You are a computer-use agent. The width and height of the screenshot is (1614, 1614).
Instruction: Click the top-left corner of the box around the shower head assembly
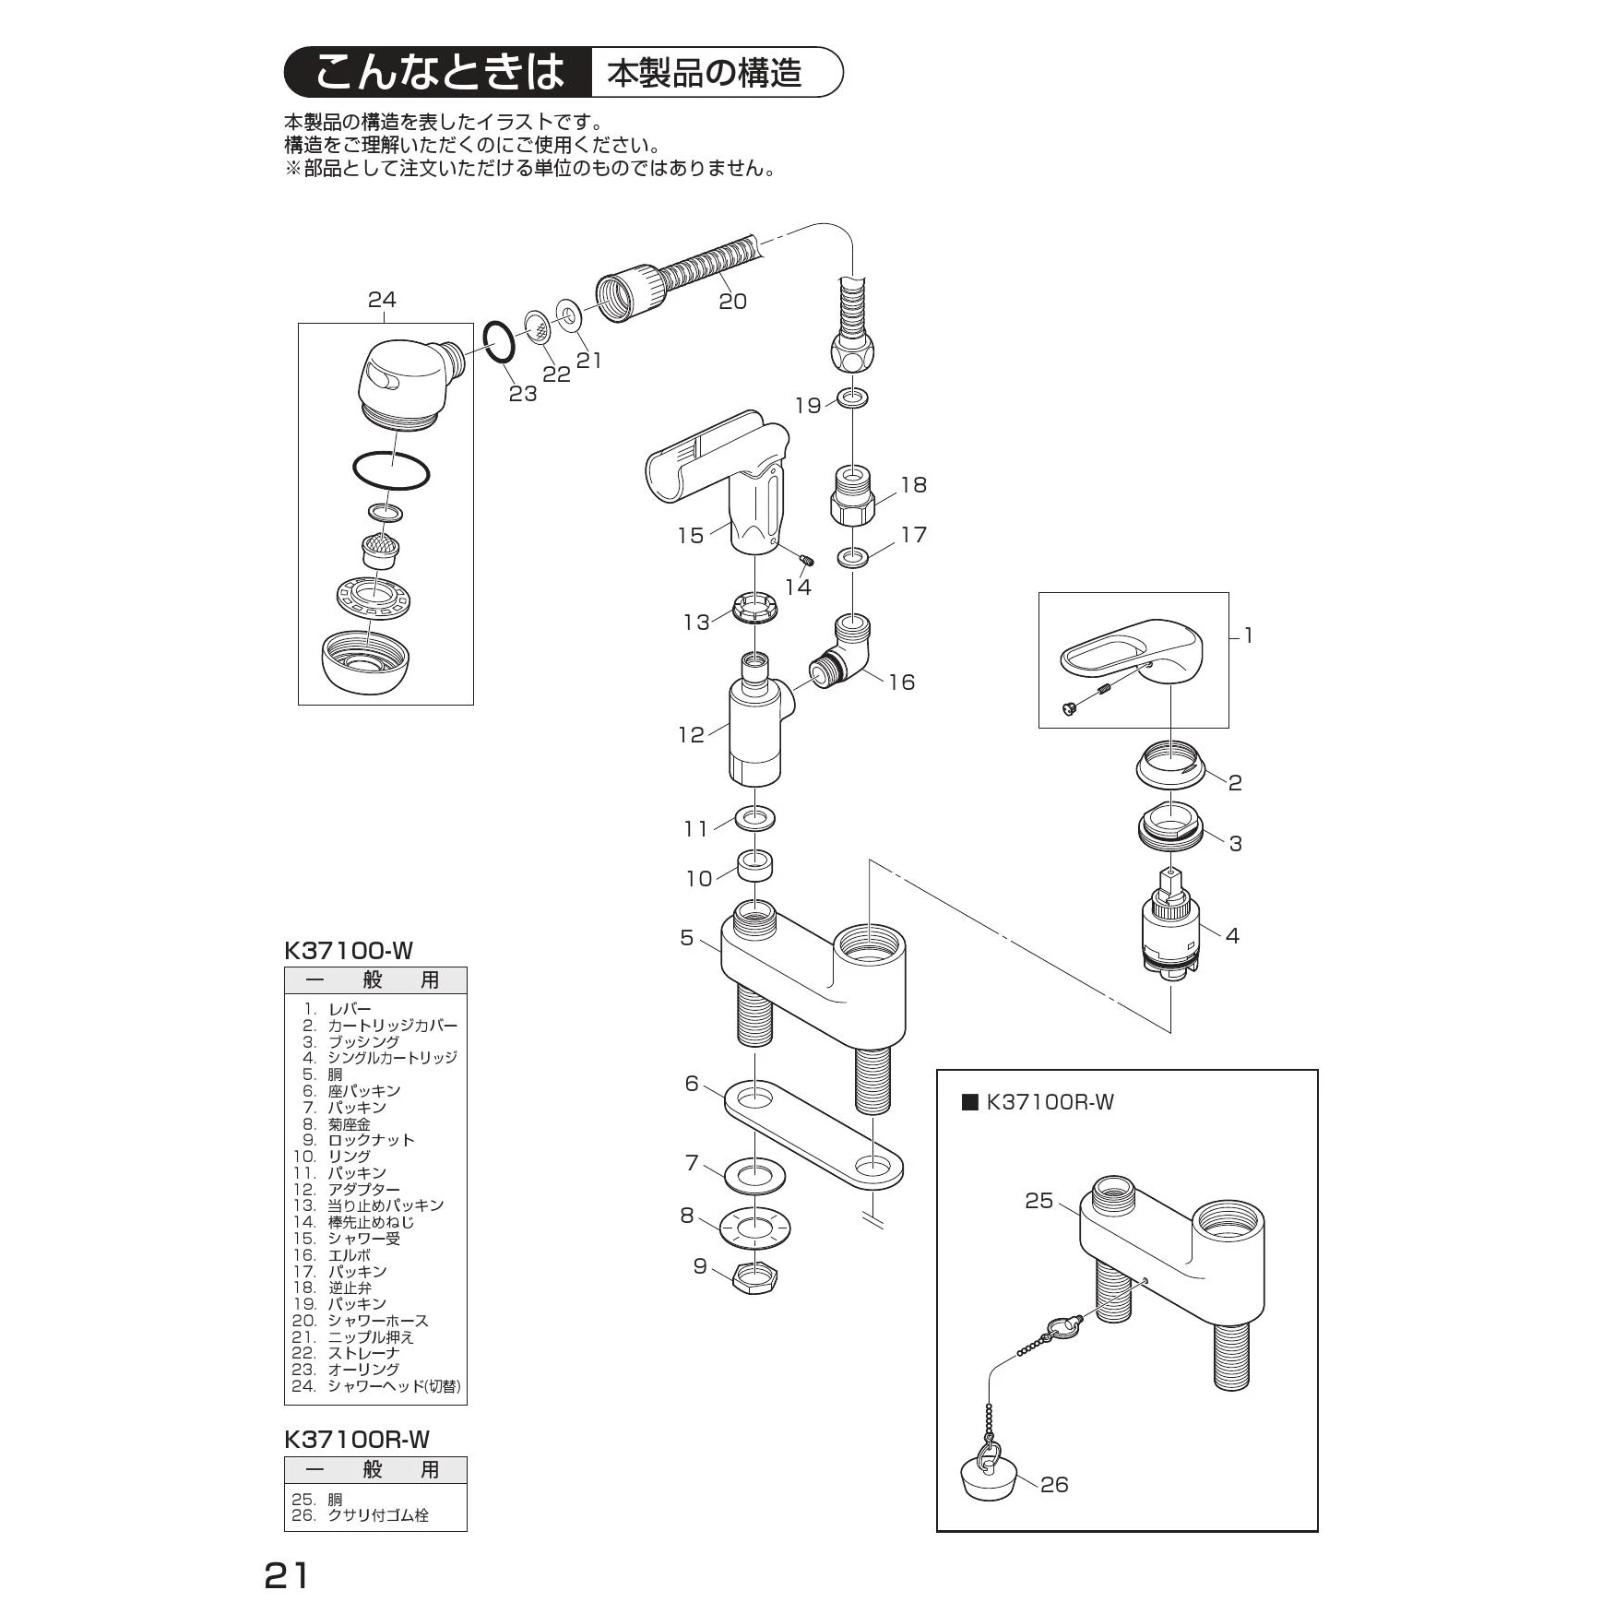(298, 323)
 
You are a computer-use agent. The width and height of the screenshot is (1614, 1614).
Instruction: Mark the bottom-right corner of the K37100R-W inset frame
(1318, 1531)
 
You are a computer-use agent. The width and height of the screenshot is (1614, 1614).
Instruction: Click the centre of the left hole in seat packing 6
(754, 1098)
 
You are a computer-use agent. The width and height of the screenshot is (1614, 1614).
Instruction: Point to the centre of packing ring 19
(853, 399)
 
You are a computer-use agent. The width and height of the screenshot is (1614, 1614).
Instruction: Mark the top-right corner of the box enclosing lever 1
(1228, 593)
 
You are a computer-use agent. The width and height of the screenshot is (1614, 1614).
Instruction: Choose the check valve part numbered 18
(853, 495)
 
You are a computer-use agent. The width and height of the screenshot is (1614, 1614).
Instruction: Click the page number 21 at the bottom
(287, 1575)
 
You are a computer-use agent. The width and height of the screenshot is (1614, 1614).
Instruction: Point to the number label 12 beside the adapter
(692, 735)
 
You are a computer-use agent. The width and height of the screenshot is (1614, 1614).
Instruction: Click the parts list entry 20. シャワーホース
(361, 1321)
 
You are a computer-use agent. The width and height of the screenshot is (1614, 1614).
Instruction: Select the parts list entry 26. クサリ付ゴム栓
(361, 1515)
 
